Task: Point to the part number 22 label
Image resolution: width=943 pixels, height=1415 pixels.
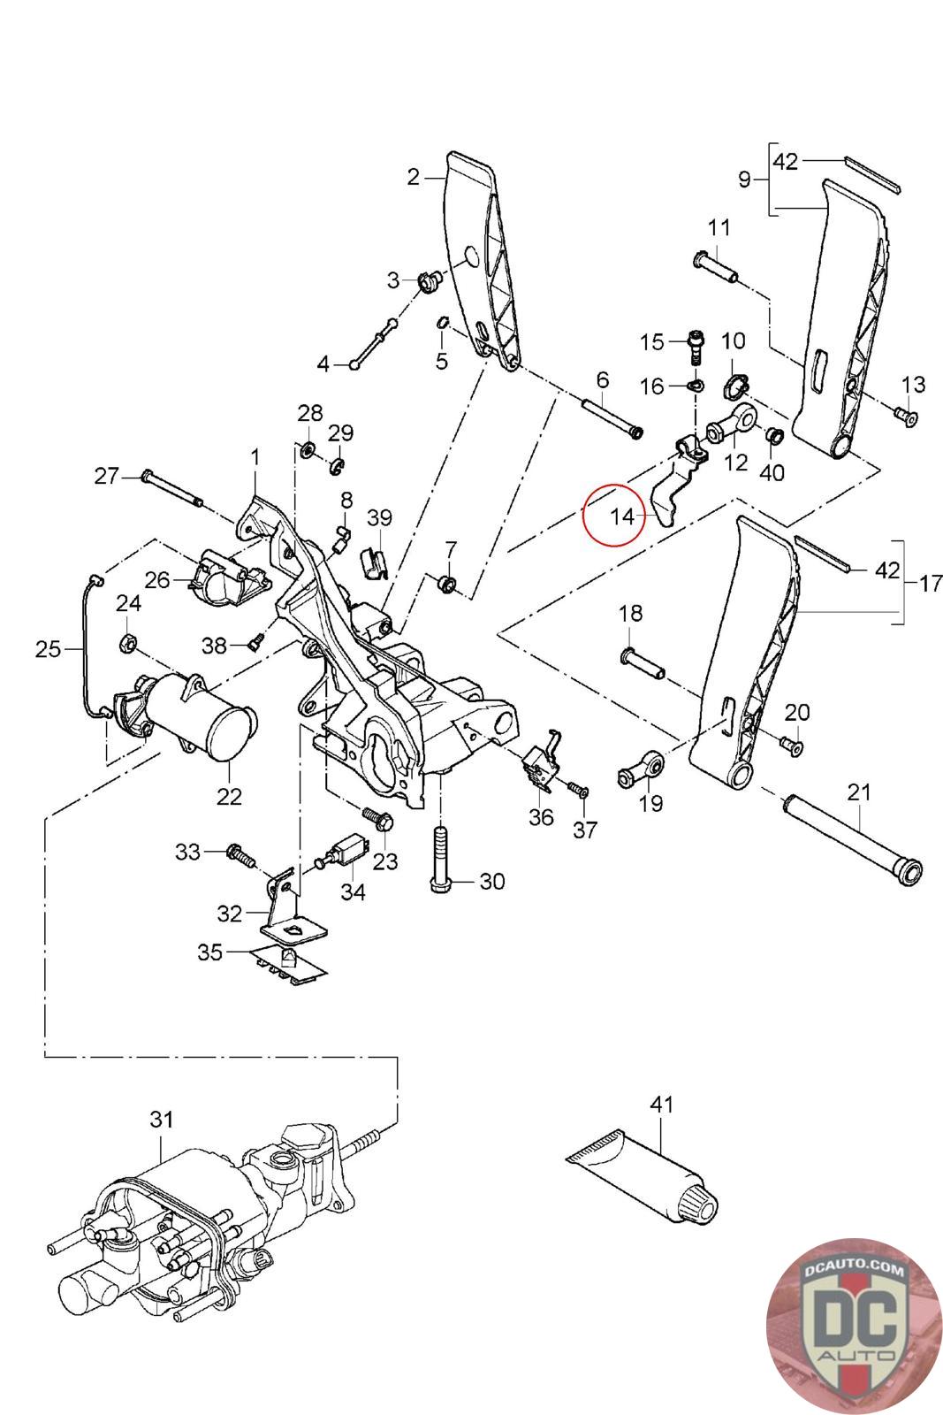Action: [x=229, y=796]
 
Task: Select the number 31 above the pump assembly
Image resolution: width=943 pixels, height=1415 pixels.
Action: [x=161, y=1120]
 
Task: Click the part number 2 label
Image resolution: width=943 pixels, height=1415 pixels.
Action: [x=414, y=177]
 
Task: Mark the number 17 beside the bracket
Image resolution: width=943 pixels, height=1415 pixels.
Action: [x=930, y=584]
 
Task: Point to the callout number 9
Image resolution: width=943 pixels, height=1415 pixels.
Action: [x=744, y=180]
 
